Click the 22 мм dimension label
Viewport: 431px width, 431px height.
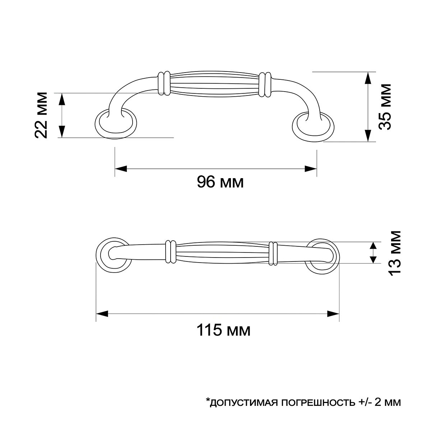click(x=41, y=115)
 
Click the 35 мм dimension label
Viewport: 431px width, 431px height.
click(x=385, y=107)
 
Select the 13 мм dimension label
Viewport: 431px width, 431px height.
click(x=395, y=253)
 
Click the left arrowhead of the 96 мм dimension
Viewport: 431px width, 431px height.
click(x=121, y=169)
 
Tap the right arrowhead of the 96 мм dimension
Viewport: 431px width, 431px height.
click(x=311, y=169)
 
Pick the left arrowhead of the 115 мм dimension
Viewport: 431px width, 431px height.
click(x=102, y=314)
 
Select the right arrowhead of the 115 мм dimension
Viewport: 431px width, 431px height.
click(x=333, y=314)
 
